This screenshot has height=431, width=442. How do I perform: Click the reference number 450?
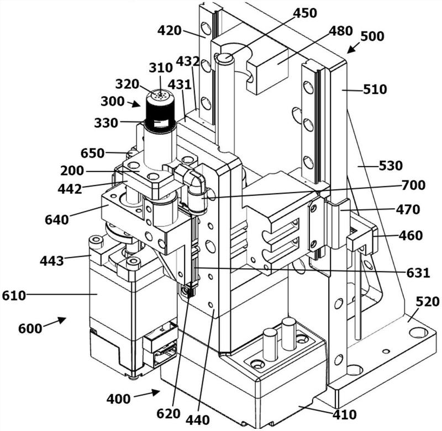305,13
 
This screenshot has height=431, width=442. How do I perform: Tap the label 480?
341,31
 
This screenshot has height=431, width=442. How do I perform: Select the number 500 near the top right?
372,36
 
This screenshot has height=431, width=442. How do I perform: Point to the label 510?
375,89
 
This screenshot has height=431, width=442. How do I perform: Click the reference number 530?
391,166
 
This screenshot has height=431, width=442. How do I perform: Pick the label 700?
413,185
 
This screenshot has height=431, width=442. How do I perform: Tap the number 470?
408,210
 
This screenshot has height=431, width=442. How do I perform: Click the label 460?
411,235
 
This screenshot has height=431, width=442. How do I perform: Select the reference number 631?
418,273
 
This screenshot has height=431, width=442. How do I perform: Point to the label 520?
428,302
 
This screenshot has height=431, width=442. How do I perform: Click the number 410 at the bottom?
344,414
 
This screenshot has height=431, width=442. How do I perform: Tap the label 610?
14,296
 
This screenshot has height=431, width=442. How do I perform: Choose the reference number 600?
30,328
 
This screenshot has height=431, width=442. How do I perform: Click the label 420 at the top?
169,31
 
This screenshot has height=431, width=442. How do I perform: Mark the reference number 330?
106,123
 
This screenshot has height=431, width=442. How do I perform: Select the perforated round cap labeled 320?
160,95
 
